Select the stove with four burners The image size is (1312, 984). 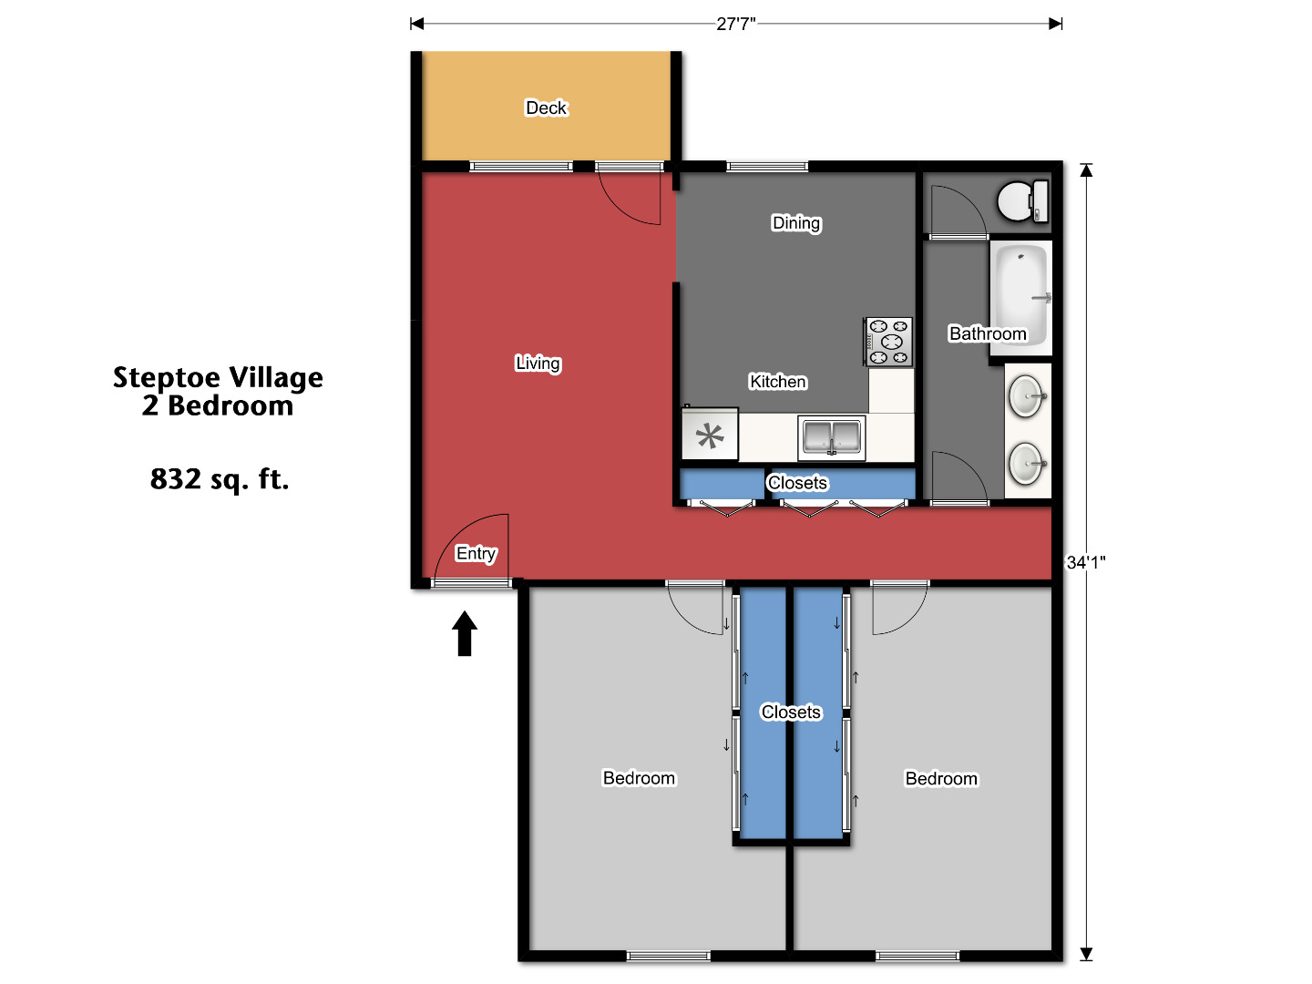pos(888,342)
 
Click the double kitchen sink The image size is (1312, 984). pos(831,437)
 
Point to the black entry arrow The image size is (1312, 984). pos(465,633)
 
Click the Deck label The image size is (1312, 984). pos(546,108)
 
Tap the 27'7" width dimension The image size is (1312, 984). pos(735,24)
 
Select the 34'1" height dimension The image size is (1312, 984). pos(1086,562)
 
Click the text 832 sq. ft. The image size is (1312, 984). pos(219,478)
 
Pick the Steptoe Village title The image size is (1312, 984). pos(218,377)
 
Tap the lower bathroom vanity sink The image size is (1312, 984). pos(1027,464)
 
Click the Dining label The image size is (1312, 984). pos(796,223)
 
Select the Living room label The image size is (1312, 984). pos(538,364)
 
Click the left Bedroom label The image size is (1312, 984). pos(639,778)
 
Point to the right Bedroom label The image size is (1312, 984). pos(941,779)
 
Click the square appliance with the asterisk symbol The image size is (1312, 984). pos(710,436)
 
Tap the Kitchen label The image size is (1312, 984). pos(777,382)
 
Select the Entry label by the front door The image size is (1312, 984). pos(476,553)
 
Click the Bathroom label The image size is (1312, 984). pos(988,333)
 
